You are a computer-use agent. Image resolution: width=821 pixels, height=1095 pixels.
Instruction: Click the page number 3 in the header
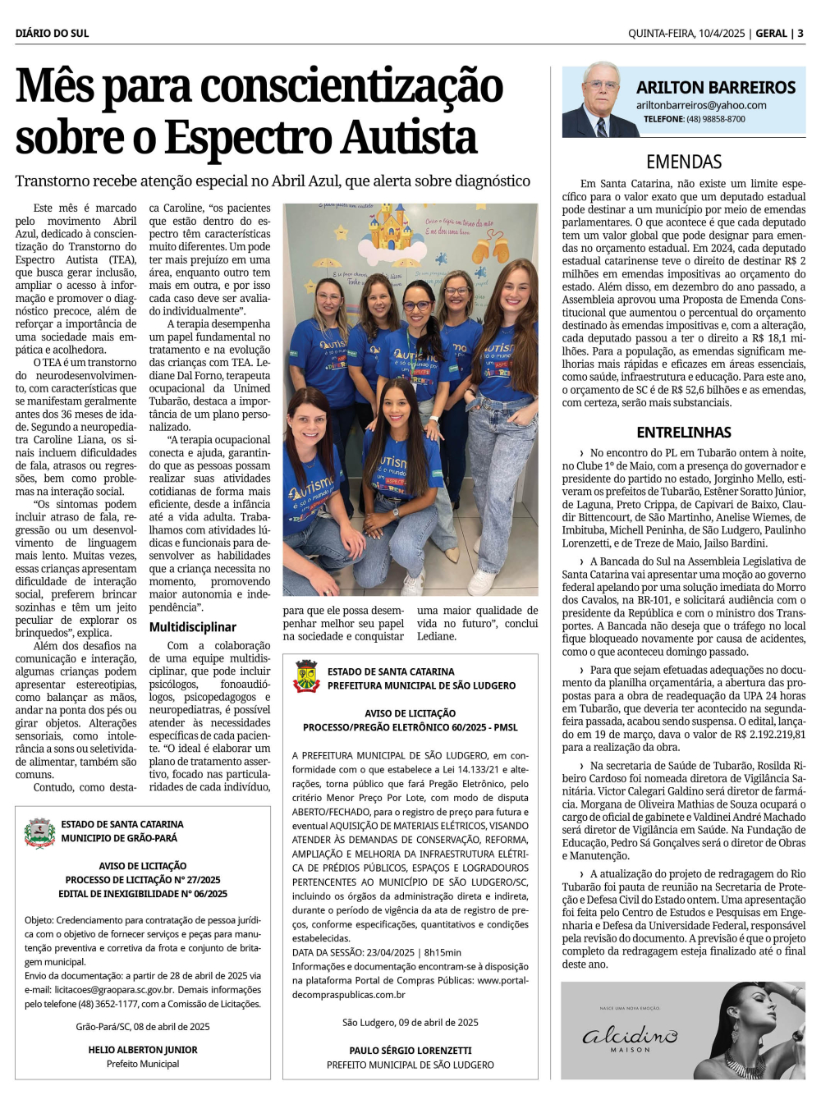pyautogui.click(x=800, y=34)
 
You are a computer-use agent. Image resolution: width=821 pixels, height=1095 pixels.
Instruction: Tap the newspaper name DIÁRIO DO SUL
pyautogui.click(x=52, y=34)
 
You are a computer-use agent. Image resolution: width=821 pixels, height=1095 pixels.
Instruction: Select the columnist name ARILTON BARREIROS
pyautogui.click(x=716, y=88)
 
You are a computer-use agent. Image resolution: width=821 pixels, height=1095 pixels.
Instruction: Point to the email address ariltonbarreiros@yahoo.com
pyautogui.click(x=701, y=105)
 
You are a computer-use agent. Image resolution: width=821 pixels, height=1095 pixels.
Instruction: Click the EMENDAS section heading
pyautogui.click(x=684, y=162)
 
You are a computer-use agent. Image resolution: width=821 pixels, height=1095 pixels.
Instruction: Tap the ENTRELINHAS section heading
pyautogui.click(x=684, y=432)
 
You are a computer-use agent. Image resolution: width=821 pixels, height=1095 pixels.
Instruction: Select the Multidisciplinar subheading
pyautogui.click(x=192, y=627)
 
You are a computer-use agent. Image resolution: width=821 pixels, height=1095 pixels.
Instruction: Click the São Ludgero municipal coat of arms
pyautogui.click(x=306, y=676)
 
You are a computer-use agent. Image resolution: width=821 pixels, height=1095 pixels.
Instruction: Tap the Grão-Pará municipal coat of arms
pyautogui.click(x=39, y=832)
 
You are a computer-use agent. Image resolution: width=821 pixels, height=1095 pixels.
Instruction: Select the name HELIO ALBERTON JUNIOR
pyautogui.click(x=143, y=1050)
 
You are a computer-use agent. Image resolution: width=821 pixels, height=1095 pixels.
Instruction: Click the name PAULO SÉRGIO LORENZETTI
pyautogui.click(x=410, y=1051)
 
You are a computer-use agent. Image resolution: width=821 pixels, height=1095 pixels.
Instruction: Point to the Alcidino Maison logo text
pyautogui.click(x=631, y=1037)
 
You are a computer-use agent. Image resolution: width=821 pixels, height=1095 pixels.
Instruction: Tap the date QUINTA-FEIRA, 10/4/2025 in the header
pyautogui.click(x=686, y=34)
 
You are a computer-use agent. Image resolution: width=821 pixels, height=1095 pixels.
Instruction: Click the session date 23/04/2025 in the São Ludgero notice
pyautogui.click(x=390, y=952)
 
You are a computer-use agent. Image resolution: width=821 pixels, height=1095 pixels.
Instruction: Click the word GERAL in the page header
pyautogui.click(x=771, y=34)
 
